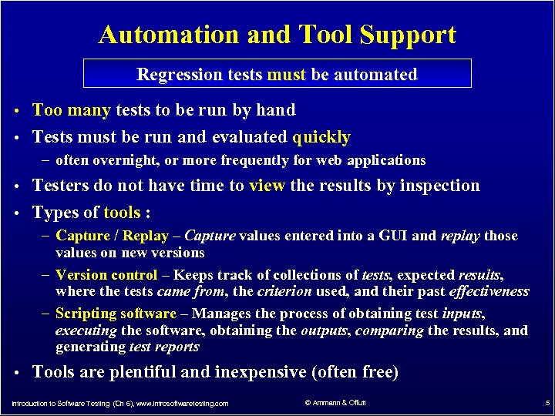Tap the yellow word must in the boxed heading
286,75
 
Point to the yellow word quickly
321,137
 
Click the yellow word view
267,186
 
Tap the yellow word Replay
146,236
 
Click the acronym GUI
392,236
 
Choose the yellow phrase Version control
106,275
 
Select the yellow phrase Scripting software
116,314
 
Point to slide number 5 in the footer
546,402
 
